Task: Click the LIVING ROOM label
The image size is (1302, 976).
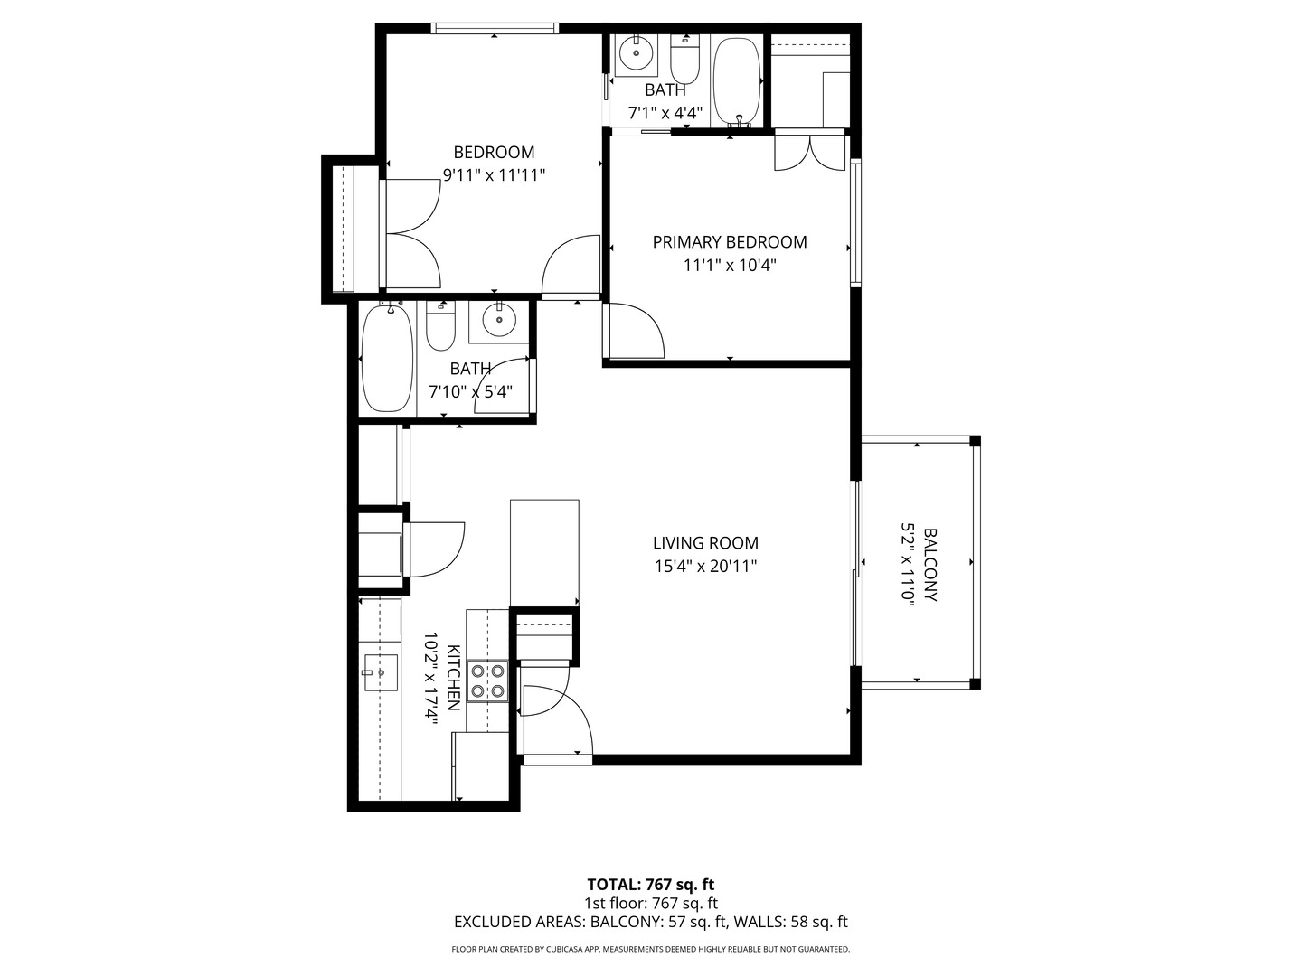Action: click(x=705, y=543)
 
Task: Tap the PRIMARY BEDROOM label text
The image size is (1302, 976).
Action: click(x=729, y=242)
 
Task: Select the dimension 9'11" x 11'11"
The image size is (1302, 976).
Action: click(x=494, y=175)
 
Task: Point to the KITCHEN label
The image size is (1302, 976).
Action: click(x=454, y=678)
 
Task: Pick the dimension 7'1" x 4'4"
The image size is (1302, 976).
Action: click(x=665, y=114)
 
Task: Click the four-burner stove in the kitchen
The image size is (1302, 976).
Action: click(x=486, y=681)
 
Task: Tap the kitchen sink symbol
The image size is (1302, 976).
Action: click(x=380, y=672)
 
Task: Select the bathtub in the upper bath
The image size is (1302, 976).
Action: click(x=738, y=81)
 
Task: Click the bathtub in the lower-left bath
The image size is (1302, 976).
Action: click(x=388, y=359)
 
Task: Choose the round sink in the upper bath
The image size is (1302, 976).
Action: click(x=637, y=54)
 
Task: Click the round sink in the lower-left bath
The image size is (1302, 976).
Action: click(x=497, y=320)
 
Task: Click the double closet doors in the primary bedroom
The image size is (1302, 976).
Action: click(x=810, y=152)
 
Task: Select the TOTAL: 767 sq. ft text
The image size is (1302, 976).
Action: click(x=650, y=885)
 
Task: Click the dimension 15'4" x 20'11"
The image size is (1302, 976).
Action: click(x=705, y=567)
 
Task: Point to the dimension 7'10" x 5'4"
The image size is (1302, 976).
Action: click(x=470, y=392)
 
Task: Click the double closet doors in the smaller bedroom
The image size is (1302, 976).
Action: click(x=412, y=233)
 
